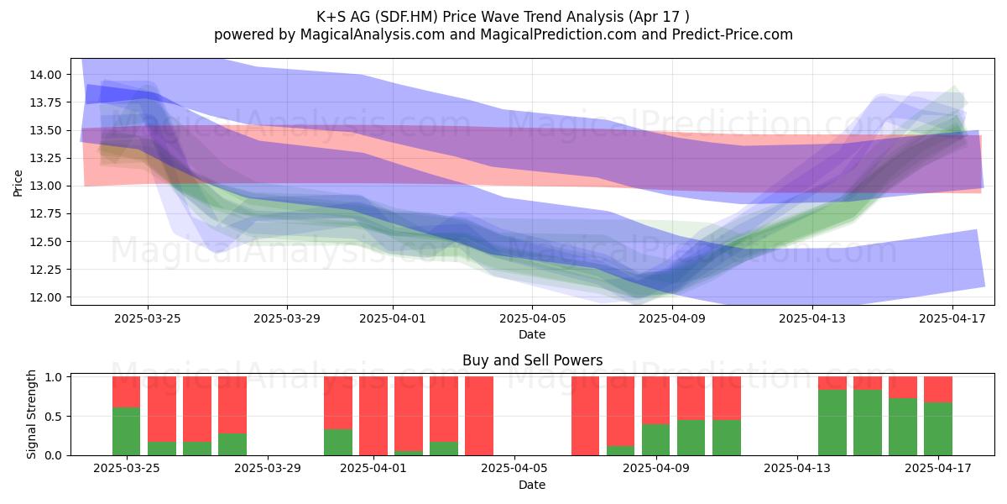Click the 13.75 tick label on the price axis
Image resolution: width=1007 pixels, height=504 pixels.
point(45,102)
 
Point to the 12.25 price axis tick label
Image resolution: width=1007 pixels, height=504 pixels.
point(45,270)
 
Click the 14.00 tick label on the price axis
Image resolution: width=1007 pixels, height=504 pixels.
point(45,75)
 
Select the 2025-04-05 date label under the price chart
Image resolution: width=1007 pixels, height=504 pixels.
point(532,318)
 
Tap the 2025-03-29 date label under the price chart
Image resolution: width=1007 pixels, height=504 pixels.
point(287,318)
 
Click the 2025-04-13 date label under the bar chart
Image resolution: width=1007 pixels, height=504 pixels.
point(797,468)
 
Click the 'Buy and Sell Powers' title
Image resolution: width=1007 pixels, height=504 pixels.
point(532,360)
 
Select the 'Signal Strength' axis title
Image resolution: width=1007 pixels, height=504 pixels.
point(31,414)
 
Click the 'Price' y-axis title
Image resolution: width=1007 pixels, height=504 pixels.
point(18,183)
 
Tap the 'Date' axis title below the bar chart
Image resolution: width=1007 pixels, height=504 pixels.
point(532,485)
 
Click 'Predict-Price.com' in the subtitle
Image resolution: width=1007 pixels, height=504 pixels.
point(733,34)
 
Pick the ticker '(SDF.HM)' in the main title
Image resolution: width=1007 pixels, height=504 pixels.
point(406,17)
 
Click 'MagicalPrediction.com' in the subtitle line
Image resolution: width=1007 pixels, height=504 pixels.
point(558,34)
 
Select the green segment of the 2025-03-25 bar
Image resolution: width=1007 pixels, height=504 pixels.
point(127,431)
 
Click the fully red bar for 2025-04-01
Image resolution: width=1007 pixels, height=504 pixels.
point(373,416)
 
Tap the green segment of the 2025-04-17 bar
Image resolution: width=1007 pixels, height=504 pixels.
point(938,429)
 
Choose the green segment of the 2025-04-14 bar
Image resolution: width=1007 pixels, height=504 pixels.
point(832,423)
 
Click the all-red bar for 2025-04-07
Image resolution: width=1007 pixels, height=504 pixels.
point(586,416)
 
